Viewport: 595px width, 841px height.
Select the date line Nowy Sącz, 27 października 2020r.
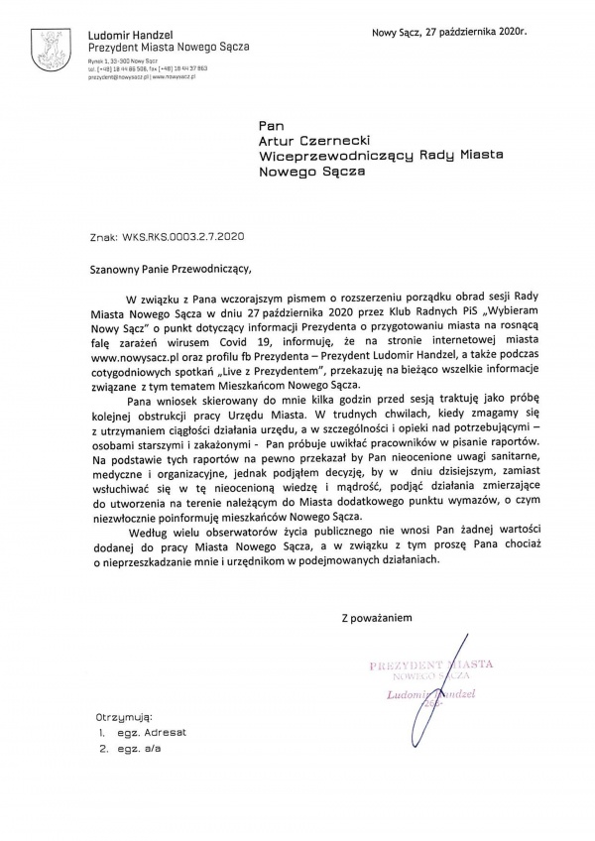[x=449, y=33]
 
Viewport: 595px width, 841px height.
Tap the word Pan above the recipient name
[x=271, y=126]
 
